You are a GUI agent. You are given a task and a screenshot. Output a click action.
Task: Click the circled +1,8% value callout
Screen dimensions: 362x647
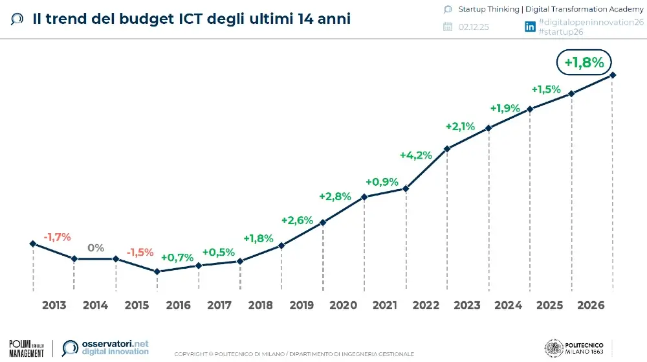tap(584, 63)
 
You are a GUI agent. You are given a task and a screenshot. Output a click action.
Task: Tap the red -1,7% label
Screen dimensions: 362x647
tap(57, 237)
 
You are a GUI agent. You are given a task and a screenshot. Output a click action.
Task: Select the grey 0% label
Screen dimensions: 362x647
tap(96, 247)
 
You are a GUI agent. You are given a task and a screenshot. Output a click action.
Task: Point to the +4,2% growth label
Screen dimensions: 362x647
tap(415, 155)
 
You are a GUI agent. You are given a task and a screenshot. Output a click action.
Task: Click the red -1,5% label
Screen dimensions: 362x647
tap(140, 252)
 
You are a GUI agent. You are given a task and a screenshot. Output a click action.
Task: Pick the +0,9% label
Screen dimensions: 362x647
tap(382, 182)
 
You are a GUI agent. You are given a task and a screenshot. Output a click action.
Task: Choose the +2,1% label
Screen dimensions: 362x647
tap(460, 126)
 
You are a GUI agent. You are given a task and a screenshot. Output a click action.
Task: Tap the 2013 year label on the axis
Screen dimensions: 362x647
tap(54, 305)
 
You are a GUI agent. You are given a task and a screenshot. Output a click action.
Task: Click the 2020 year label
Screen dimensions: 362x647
tap(344, 305)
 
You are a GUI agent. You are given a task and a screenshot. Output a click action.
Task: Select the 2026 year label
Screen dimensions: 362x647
tap(591, 305)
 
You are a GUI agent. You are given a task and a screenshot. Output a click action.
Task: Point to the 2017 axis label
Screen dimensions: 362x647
tap(219, 305)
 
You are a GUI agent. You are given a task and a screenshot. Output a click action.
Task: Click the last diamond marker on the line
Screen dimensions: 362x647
tap(613, 75)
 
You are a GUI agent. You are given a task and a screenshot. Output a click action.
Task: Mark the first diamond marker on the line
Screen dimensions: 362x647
tap(32, 243)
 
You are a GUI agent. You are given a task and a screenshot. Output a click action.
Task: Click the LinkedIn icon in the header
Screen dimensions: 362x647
tap(530, 27)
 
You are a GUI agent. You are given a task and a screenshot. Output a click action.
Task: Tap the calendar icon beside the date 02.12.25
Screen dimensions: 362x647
tap(447, 27)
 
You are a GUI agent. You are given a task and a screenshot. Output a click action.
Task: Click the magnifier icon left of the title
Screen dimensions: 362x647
tap(18, 19)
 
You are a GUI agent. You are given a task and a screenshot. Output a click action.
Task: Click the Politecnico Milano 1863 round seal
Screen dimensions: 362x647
tap(554, 347)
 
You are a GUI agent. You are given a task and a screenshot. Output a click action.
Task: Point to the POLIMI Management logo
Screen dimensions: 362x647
tap(27, 347)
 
